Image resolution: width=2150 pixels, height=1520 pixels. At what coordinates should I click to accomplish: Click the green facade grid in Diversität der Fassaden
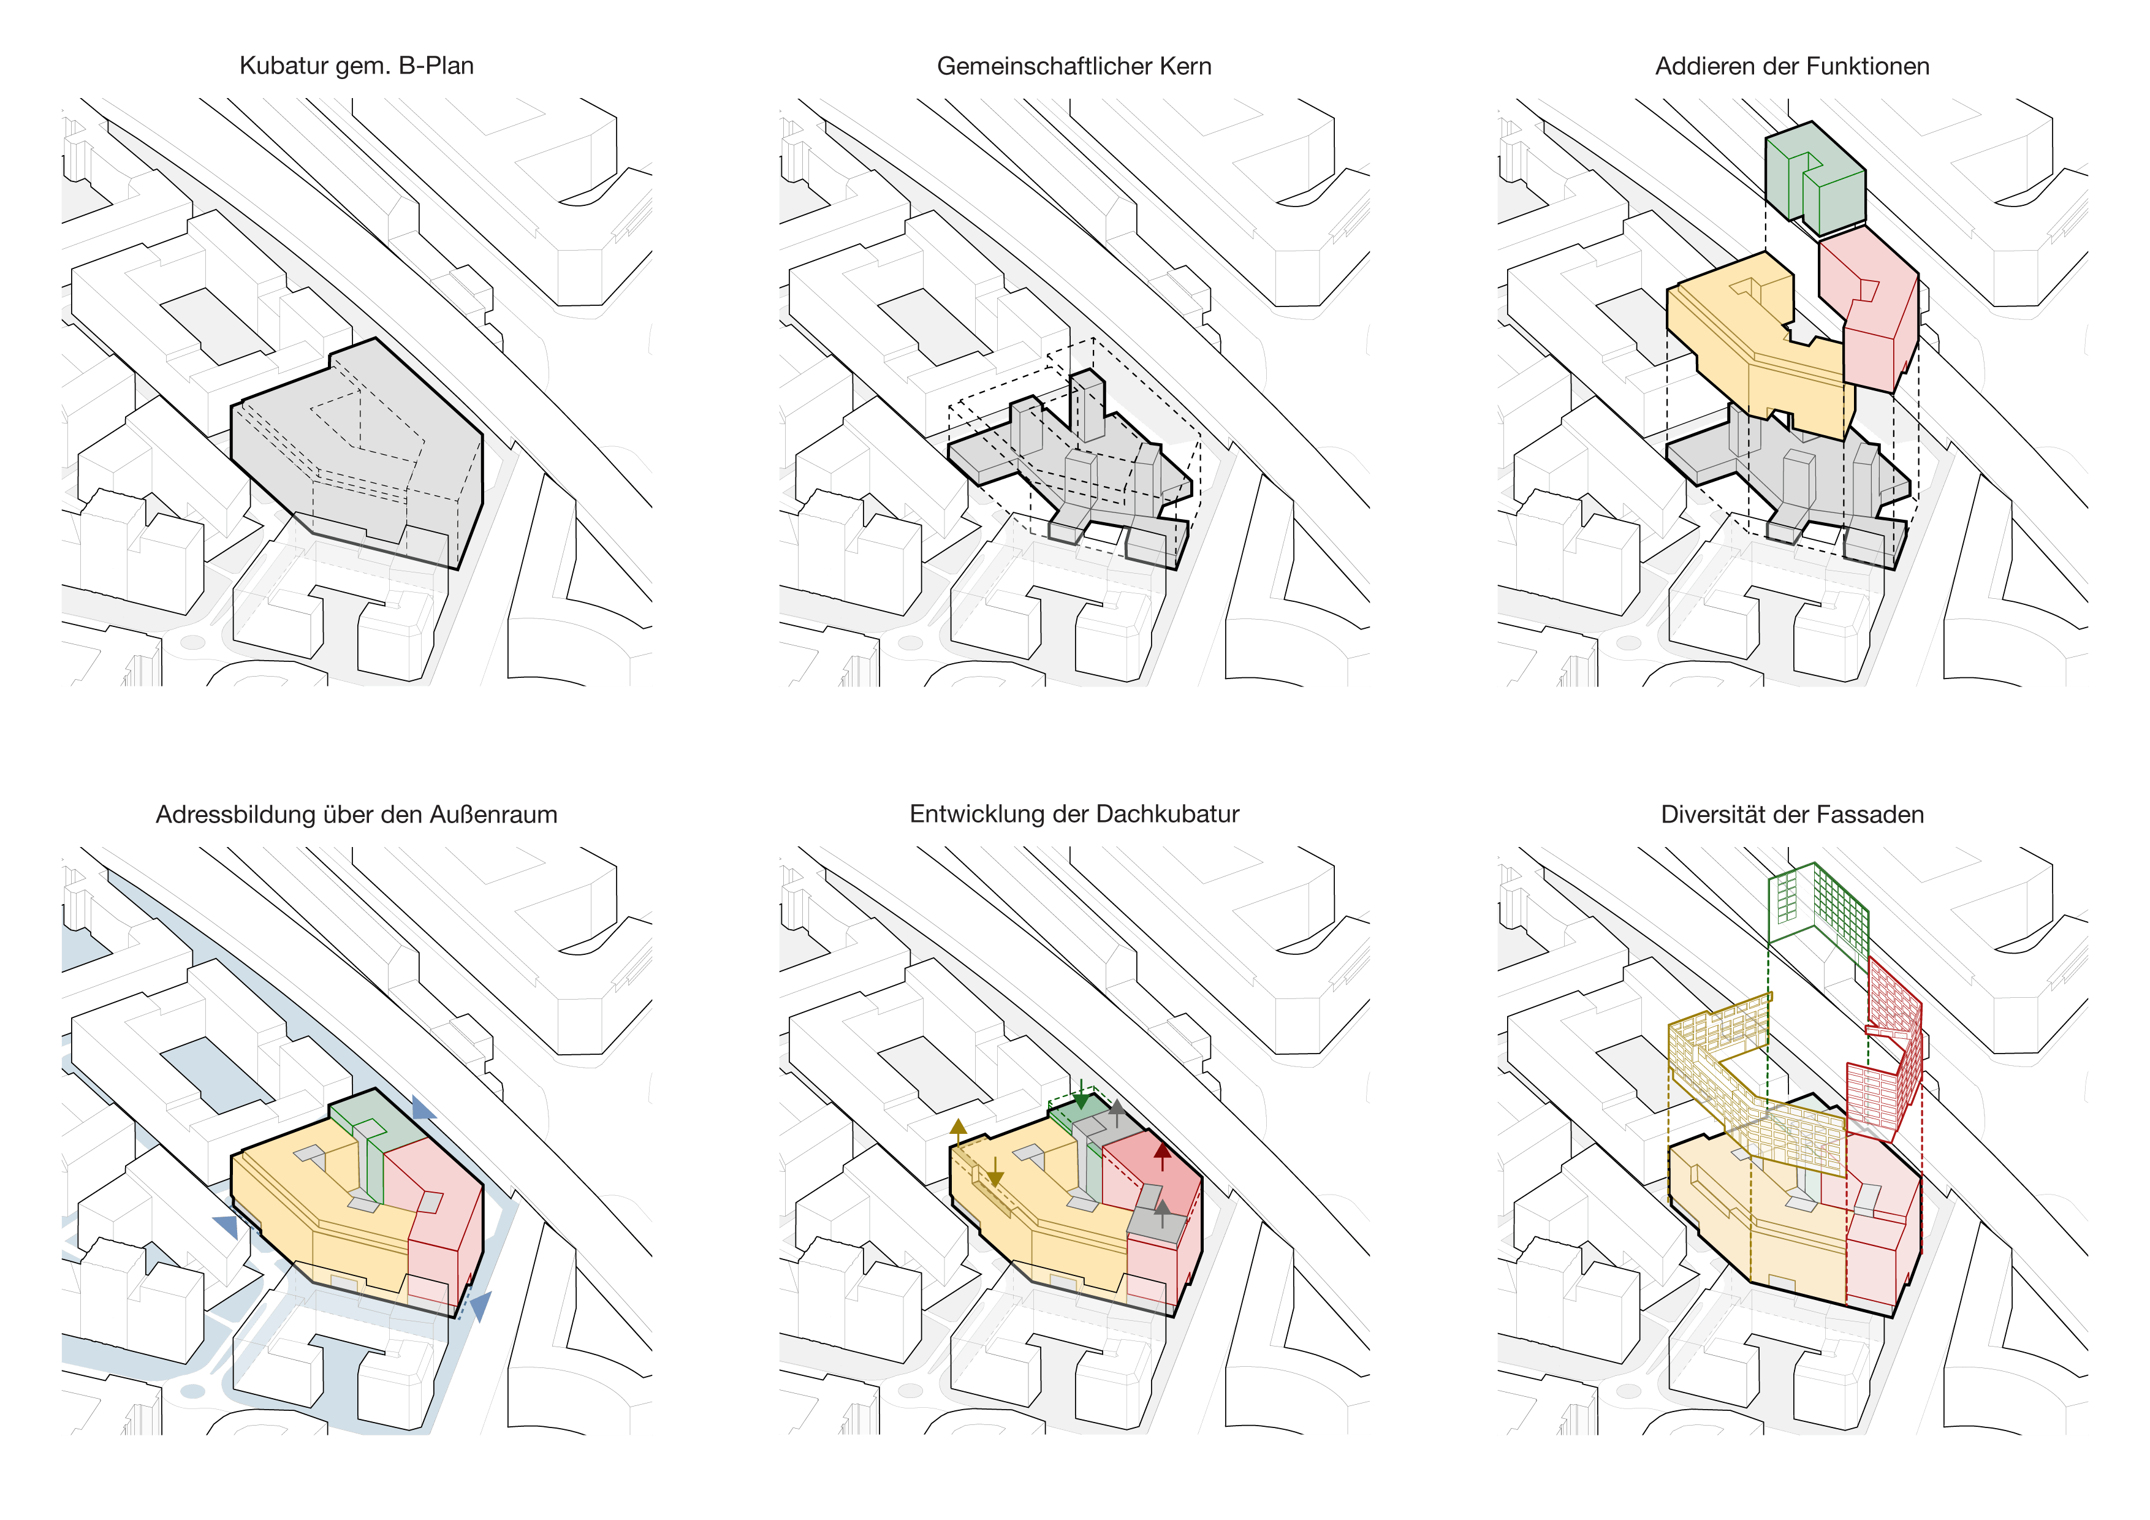(x=1817, y=904)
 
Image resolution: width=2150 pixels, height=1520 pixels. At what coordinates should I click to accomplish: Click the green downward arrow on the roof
(x=1082, y=1094)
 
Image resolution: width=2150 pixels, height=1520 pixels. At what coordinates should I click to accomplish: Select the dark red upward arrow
(x=1162, y=1157)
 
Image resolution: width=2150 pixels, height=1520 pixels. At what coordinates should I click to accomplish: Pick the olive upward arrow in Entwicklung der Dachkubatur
(x=958, y=1131)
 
